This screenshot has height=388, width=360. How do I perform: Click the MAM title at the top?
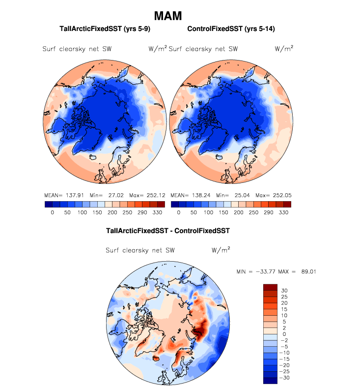(167, 16)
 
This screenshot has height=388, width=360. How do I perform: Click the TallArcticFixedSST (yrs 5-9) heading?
(104, 29)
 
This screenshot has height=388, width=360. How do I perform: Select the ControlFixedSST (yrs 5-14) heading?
(231, 29)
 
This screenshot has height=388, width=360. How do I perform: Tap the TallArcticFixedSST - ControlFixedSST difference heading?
(168, 230)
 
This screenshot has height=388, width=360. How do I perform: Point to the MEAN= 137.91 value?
(61, 195)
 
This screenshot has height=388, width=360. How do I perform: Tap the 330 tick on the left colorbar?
(158, 213)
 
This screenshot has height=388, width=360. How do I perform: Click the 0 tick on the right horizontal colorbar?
(178, 213)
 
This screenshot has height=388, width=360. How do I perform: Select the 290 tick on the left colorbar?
(142, 213)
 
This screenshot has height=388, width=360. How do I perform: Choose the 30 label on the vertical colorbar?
(284, 291)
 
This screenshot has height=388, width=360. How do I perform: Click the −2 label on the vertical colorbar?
(285, 340)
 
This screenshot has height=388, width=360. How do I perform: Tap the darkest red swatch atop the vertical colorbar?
(271, 287)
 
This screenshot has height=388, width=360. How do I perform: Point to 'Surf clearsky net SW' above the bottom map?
(140, 250)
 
